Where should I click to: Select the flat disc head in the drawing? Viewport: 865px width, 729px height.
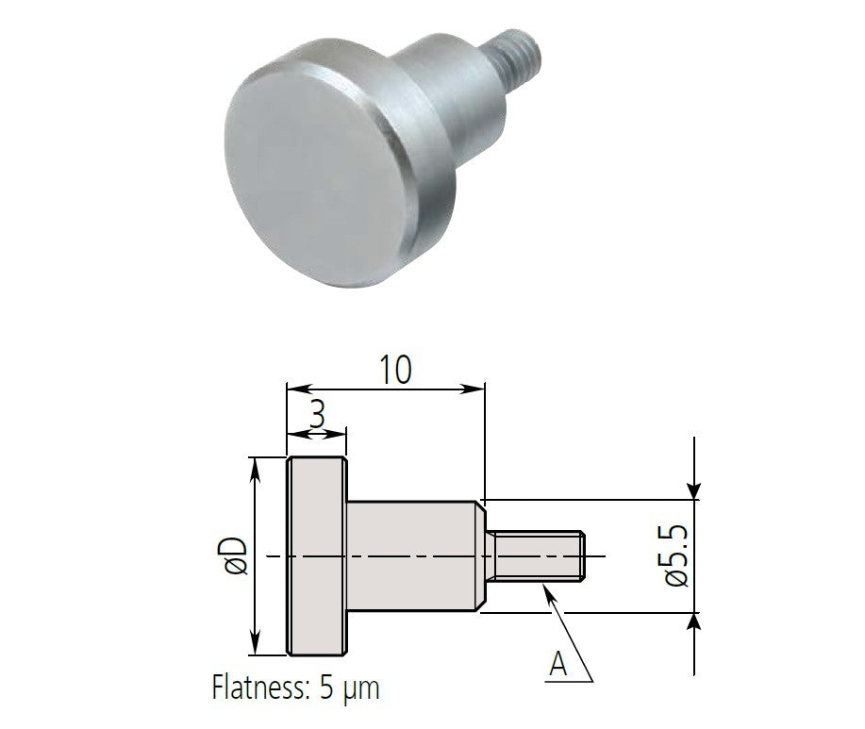coord(318,555)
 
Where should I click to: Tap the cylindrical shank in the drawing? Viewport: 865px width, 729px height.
coord(415,555)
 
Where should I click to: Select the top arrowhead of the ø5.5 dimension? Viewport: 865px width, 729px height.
coord(694,489)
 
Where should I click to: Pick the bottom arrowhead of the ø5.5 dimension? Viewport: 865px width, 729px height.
coord(694,621)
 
